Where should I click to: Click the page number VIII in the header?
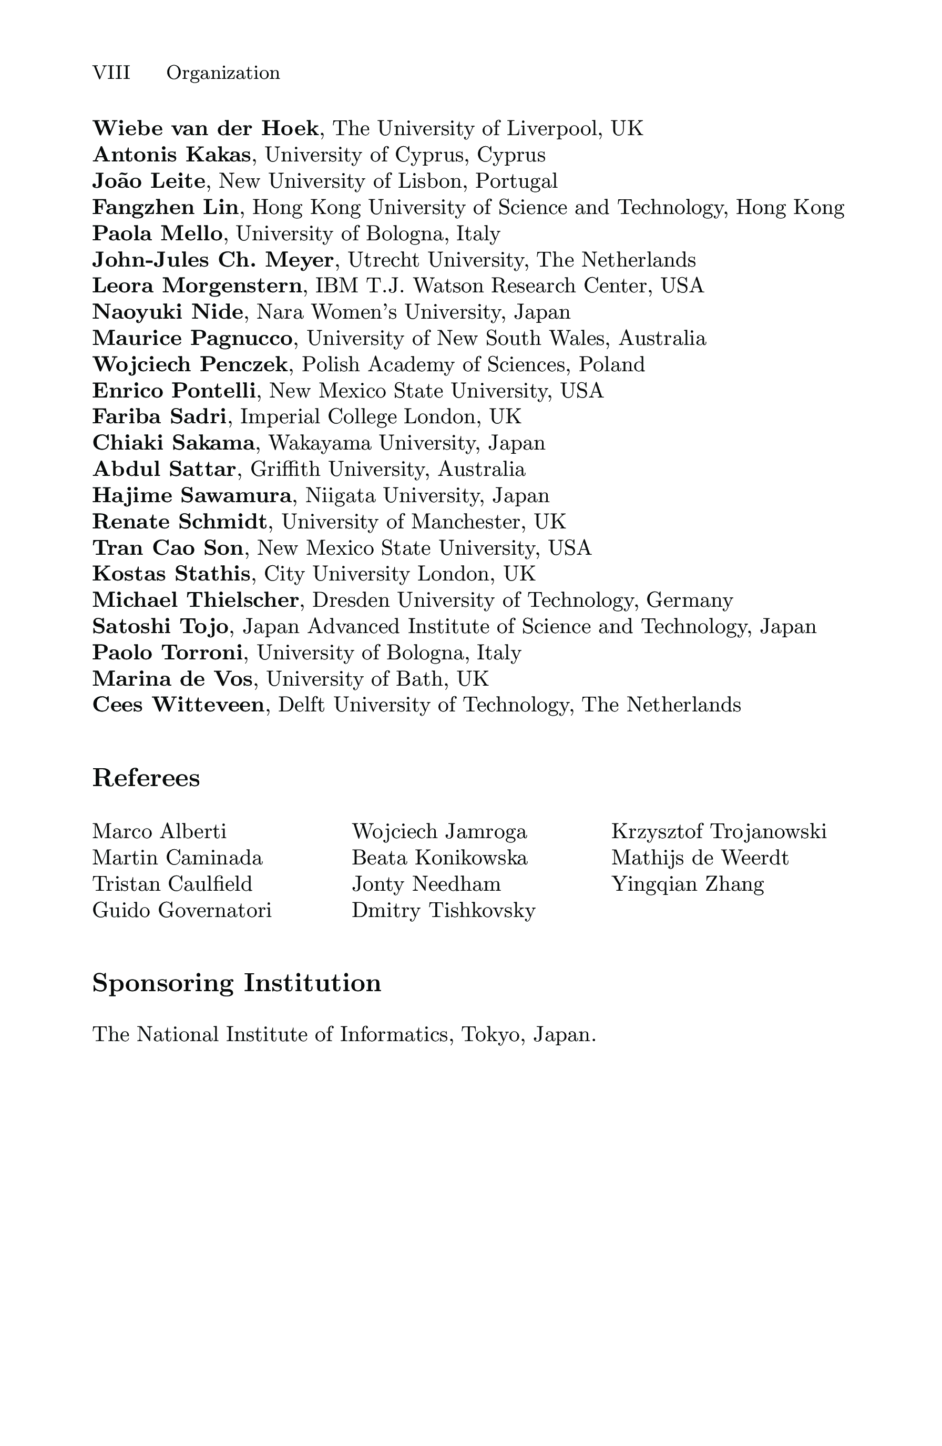pyautogui.click(x=111, y=73)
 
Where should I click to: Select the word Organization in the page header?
pyautogui.click(x=223, y=74)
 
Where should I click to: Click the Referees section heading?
pyautogui.click(x=146, y=778)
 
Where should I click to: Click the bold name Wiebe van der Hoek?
pyautogui.click(x=206, y=129)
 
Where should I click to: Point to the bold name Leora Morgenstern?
pyautogui.click(x=197, y=286)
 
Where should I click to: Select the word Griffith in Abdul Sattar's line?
pyautogui.click(x=283, y=469)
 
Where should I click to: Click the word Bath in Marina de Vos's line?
pyautogui.click(x=421, y=679)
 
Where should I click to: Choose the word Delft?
pyautogui.click(x=301, y=705)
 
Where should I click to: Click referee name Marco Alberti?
pyautogui.click(x=159, y=831)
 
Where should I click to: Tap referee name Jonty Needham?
pyautogui.click(x=426, y=883)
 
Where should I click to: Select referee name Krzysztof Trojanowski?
pyautogui.click(x=719, y=831)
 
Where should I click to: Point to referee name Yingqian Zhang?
pyautogui.click(x=688, y=884)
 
